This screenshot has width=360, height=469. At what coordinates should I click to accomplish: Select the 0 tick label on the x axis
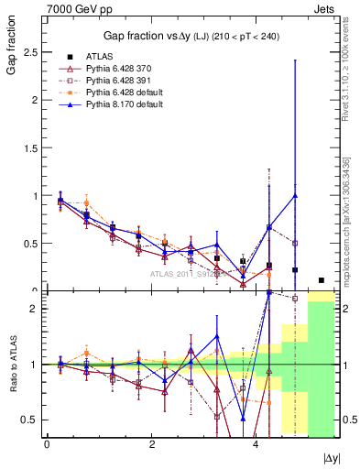(47, 445)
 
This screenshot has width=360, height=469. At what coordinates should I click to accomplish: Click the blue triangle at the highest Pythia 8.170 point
(295, 195)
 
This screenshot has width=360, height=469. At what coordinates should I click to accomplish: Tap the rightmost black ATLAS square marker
(321, 280)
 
